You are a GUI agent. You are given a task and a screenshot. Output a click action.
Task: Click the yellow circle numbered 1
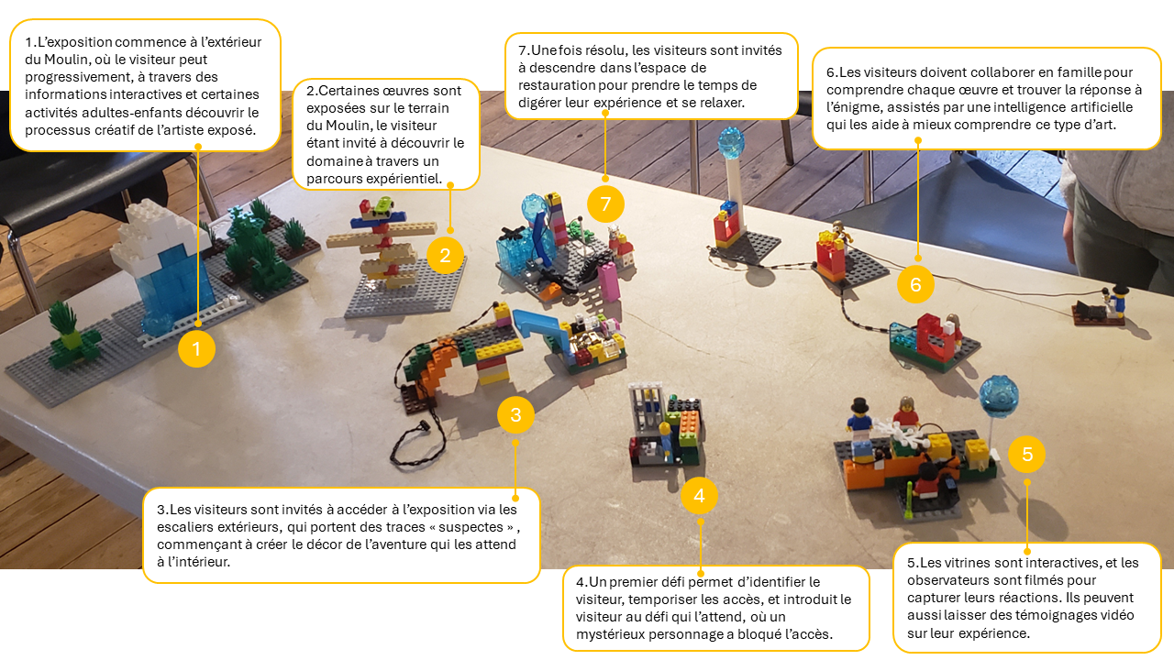tap(196, 349)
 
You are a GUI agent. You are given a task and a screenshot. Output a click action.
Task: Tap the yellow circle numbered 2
tap(445, 256)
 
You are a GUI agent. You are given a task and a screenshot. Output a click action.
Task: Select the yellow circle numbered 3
tap(515, 415)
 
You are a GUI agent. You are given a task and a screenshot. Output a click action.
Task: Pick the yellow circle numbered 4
tap(699, 496)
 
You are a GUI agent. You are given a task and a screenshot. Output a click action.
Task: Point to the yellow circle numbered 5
tap(1026, 454)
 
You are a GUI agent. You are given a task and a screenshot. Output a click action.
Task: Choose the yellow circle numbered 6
tap(915, 284)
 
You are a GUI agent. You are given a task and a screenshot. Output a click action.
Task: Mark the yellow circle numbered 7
tap(605, 203)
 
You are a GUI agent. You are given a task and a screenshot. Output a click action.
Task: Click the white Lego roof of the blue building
tap(156, 233)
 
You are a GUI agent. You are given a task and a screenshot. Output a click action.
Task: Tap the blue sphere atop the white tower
tap(731, 142)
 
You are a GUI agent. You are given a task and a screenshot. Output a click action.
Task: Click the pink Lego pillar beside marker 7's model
tap(609, 281)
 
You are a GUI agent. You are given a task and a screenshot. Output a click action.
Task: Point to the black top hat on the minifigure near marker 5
tap(859, 405)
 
